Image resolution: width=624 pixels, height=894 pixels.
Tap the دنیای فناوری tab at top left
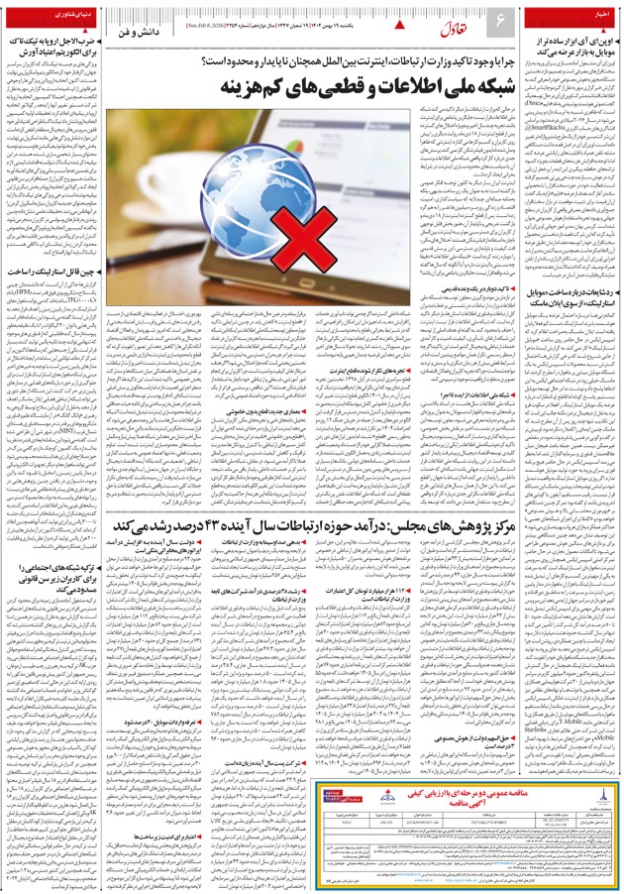(x=44, y=17)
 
